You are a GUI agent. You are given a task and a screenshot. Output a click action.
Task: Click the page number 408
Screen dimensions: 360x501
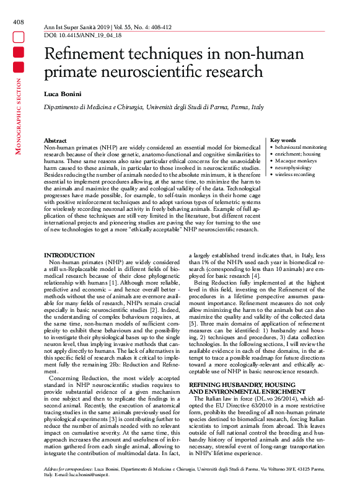click(x=18, y=22)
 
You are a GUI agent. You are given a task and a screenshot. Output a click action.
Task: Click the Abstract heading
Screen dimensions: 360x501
click(x=56, y=141)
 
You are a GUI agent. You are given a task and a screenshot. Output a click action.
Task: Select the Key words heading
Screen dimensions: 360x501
click(x=283, y=141)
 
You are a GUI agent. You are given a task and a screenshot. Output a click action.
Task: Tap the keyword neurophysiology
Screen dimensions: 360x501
click(x=294, y=167)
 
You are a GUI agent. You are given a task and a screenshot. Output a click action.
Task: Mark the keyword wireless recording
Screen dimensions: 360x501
click(x=296, y=174)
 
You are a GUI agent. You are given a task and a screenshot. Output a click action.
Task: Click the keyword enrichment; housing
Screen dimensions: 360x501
click(x=297, y=154)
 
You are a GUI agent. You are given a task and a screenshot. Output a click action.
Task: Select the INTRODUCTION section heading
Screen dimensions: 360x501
click(x=69, y=255)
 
